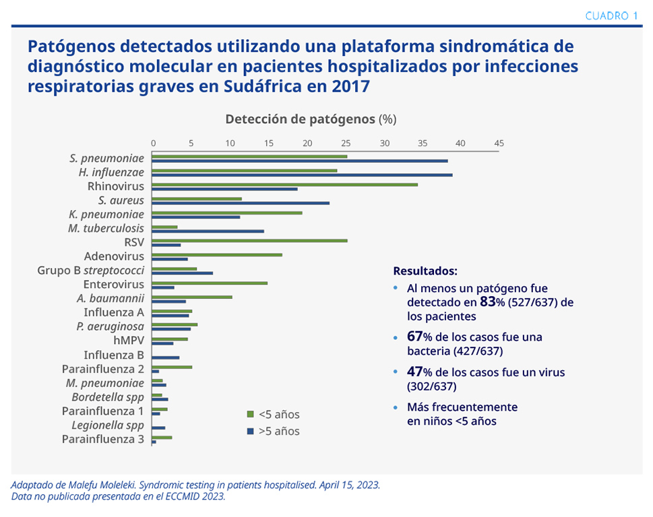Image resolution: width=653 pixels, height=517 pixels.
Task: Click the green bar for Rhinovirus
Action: click(x=284, y=184)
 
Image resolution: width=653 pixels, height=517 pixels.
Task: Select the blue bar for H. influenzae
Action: click(x=302, y=175)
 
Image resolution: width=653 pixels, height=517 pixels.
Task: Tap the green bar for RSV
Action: click(x=249, y=240)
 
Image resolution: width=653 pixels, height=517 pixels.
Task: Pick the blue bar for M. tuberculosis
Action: click(x=208, y=231)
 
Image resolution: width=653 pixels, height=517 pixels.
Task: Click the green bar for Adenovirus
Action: click(x=217, y=254)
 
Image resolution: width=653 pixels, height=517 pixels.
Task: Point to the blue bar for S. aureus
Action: click(x=241, y=203)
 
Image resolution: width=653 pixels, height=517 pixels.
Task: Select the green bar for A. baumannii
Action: click(x=192, y=297)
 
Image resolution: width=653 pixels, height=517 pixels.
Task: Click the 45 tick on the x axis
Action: click(x=499, y=143)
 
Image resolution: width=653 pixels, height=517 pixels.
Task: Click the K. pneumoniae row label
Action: click(x=106, y=214)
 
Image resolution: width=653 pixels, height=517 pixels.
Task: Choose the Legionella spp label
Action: click(x=108, y=425)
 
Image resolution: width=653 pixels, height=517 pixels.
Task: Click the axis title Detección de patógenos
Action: click(x=301, y=119)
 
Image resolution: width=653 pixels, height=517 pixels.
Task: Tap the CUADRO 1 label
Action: click(x=611, y=15)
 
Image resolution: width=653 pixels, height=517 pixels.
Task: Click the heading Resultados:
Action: click(x=425, y=271)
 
